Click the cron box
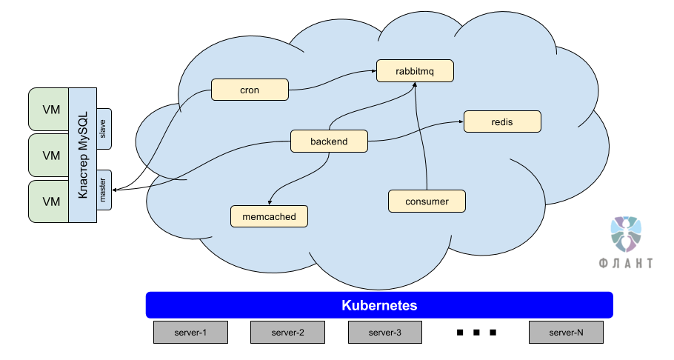(x=249, y=90)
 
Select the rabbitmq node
(x=414, y=71)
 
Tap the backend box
(x=328, y=141)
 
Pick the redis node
(x=501, y=121)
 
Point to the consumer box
(x=427, y=201)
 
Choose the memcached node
(x=269, y=216)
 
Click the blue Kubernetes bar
(x=379, y=305)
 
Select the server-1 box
(x=190, y=333)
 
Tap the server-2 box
(x=287, y=333)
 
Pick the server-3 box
(x=385, y=333)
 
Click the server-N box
(x=566, y=333)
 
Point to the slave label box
(x=103, y=127)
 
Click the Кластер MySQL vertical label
(x=82, y=155)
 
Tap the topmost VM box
(x=50, y=110)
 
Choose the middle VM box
(x=50, y=156)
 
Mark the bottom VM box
(x=50, y=201)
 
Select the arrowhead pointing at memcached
(x=270, y=202)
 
